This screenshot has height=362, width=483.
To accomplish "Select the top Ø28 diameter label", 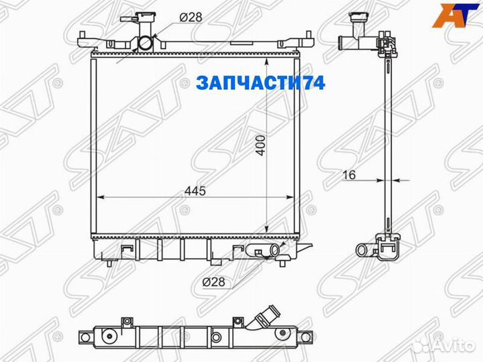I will (x=191, y=18).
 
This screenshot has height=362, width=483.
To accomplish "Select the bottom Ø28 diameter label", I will (x=213, y=282).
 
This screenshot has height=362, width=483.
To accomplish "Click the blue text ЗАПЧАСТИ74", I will (x=260, y=83).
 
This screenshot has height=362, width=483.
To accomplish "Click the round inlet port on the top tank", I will (x=146, y=44).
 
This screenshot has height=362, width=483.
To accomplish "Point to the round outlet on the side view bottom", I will (x=362, y=251).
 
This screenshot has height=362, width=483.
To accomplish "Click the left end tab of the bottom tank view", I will (x=83, y=335).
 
